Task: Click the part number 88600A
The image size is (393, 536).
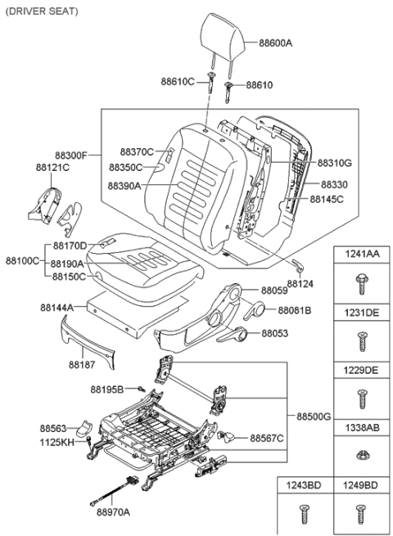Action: [277, 43]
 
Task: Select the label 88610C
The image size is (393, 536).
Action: [177, 82]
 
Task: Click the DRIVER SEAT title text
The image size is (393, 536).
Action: [42, 11]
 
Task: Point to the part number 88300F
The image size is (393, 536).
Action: [74, 154]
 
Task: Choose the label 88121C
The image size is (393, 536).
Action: [52, 167]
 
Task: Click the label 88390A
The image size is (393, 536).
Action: [124, 186]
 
